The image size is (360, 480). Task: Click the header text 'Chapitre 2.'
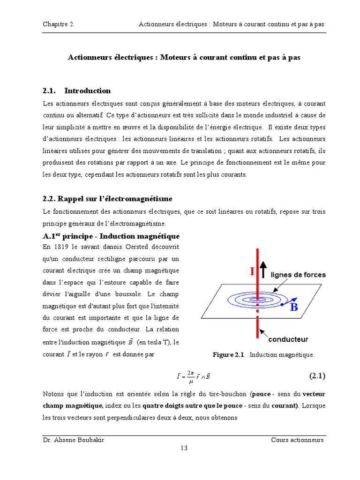[x=58, y=24]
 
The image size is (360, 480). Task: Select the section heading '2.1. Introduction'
[x=76, y=90]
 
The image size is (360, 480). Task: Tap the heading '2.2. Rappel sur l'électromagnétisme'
[x=101, y=199]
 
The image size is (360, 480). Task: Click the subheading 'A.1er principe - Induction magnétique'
[x=111, y=236]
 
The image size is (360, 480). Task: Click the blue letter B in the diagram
[x=294, y=307]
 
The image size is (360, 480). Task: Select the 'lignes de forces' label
[x=298, y=275]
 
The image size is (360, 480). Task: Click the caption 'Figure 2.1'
[x=229, y=355]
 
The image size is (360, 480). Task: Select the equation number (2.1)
[x=317, y=375]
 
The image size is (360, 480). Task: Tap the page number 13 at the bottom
[x=184, y=448]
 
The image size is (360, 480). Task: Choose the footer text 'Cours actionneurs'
[x=297, y=440]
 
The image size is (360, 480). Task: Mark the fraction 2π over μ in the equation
[x=190, y=376]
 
